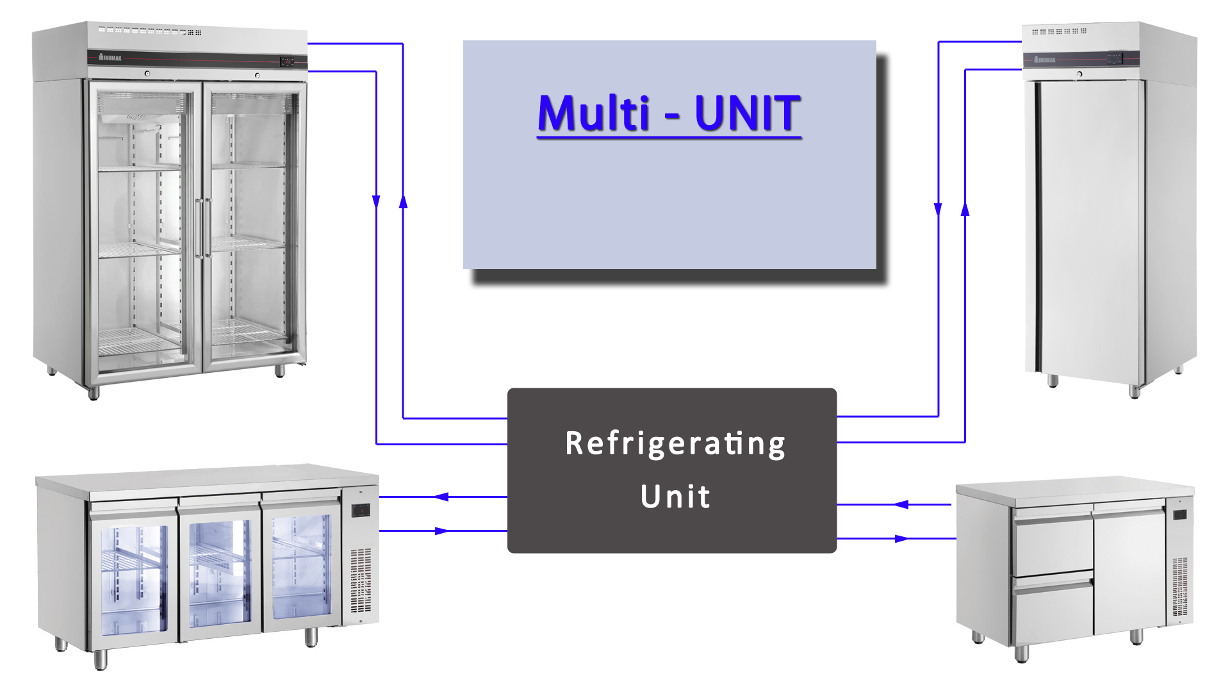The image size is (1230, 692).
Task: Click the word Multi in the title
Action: pyautogui.click(x=594, y=113)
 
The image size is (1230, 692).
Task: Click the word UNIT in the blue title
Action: pyautogui.click(x=747, y=113)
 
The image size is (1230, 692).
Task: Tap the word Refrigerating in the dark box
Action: pyautogui.click(x=675, y=444)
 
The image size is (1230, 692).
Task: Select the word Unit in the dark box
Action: pyautogui.click(x=675, y=497)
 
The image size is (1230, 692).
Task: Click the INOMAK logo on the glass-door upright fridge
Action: pyautogui.click(x=110, y=58)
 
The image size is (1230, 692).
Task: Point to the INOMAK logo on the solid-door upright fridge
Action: pyautogui.click(x=1045, y=60)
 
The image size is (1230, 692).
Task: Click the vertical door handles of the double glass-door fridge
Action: pyautogui.click(x=203, y=227)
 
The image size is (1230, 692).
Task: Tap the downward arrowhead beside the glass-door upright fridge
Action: pyautogui.click(x=376, y=201)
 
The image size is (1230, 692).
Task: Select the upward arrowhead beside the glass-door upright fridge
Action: pyautogui.click(x=403, y=201)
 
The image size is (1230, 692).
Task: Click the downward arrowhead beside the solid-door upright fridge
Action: pyautogui.click(x=938, y=209)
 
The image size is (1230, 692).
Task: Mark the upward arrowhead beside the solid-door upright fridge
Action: pyautogui.click(x=965, y=209)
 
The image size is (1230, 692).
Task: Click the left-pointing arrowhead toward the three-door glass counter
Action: pyautogui.click(x=441, y=497)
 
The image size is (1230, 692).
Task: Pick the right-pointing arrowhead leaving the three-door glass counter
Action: pyautogui.click(x=441, y=531)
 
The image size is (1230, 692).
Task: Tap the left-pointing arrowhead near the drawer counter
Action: pyautogui.click(x=901, y=504)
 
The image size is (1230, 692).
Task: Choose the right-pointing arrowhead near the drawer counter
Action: pyautogui.click(x=901, y=538)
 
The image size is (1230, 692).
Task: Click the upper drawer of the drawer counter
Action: pyautogui.click(x=1053, y=541)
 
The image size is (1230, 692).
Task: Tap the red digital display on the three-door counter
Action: pyautogui.click(x=361, y=510)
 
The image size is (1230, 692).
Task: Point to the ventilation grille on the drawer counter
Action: pyautogui.click(x=1179, y=586)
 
